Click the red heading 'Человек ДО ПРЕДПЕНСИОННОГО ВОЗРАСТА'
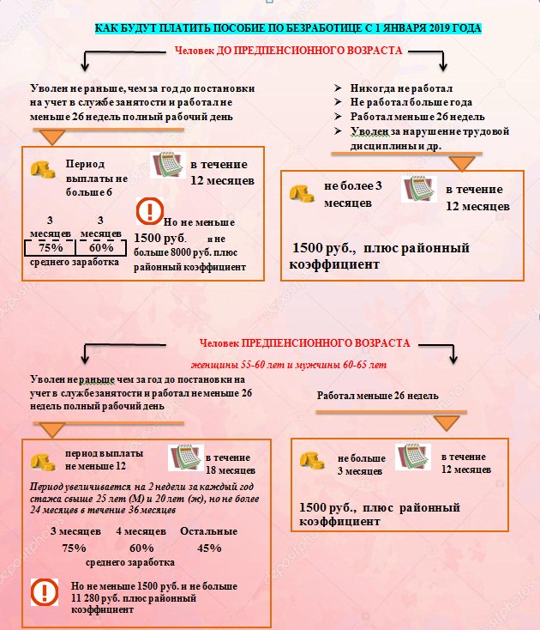coord(289,51)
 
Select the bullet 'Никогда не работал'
coord(401,88)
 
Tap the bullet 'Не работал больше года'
coord(411,102)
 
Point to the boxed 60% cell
coord(101,247)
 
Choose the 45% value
coord(209,548)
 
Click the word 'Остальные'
coord(208,531)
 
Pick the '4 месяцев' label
coord(141,531)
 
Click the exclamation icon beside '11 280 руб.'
coord(45,592)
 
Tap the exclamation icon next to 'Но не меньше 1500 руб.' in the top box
coord(149,211)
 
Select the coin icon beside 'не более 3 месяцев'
coord(302,193)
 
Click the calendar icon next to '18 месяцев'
coord(186,457)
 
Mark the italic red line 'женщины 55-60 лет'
coord(289,365)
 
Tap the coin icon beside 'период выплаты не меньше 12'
coord(43,462)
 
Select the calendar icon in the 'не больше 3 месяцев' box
coord(413,457)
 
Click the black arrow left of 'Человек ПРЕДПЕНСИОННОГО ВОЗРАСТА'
coord(120,351)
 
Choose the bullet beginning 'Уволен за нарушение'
coord(430,138)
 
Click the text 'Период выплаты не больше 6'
coord(97,178)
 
